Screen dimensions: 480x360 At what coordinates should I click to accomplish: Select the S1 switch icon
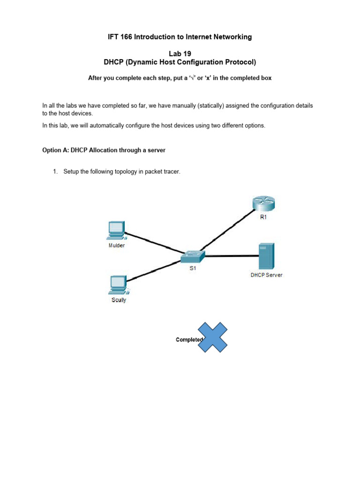[x=193, y=256]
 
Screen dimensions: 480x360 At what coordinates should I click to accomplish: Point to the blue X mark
[x=213, y=337]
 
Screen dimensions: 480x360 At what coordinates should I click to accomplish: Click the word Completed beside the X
[x=188, y=340]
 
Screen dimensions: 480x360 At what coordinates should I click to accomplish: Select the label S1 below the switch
[x=193, y=270]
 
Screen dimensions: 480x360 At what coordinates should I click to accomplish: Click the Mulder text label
[x=117, y=245]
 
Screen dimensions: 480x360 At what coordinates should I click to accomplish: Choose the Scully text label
[x=119, y=300]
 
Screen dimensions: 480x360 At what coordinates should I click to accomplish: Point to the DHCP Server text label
[x=266, y=275]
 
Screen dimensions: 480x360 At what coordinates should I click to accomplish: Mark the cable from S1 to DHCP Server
[x=232, y=256]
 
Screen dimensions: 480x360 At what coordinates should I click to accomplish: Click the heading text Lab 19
[x=180, y=54]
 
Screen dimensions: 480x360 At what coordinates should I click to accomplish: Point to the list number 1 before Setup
[x=55, y=172]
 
